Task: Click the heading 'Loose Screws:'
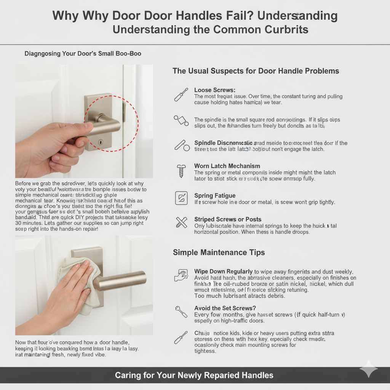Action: tap(215, 90)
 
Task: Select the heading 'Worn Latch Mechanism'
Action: tap(227, 166)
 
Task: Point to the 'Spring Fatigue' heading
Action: tap(215, 196)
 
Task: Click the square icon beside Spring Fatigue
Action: tap(181, 198)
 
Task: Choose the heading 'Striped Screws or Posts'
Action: tap(227, 219)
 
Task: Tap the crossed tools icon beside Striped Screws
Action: tap(181, 222)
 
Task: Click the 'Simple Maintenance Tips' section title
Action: tap(219, 253)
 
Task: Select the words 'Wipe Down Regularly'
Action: tap(223, 272)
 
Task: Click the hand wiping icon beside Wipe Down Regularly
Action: tap(181, 275)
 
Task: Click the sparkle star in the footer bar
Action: tap(368, 369)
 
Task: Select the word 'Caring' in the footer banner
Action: tap(127, 375)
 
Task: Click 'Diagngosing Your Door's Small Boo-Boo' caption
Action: tap(83, 54)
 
